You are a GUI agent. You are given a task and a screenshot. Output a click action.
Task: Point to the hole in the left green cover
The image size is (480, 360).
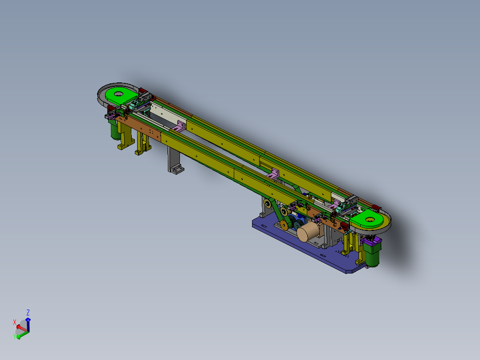point(118,94)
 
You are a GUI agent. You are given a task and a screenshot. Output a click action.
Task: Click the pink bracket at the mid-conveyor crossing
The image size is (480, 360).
point(273,174)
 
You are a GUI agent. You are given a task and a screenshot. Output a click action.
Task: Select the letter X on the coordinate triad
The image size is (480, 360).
point(15,322)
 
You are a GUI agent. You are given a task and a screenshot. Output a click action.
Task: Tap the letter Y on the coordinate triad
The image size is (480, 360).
point(14,336)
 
